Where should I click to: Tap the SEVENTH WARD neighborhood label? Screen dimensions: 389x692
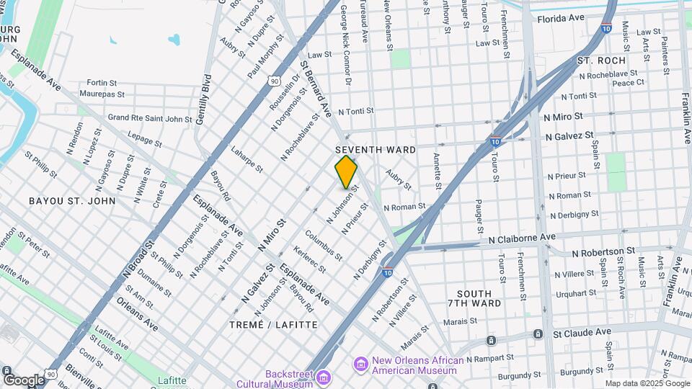pyautogui.click(x=376, y=150)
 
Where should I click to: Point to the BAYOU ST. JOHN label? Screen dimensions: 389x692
pyautogui.click(x=71, y=200)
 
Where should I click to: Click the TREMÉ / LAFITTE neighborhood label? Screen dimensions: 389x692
pyautogui.click(x=273, y=325)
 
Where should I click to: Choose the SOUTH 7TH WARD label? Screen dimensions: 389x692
pyautogui.click(x=474, y=298)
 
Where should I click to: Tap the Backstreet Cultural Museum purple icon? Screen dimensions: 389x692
pyautogui.click(x=324, y=377)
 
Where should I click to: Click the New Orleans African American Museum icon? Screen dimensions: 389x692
pyautogui.click(x=360, y=364)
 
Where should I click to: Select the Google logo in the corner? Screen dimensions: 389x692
pyautogui.click(x=24, y=380)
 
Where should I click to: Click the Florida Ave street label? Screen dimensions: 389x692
pyautogui.click(x=560, y=17)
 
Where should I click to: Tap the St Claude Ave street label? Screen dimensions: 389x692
pyautogui.click(x=582, y=333)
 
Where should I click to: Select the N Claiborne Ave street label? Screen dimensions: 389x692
pyautogui.click(x=522, y=237)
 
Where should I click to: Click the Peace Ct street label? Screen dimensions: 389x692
pyautogui.click(x=628, y=83)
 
